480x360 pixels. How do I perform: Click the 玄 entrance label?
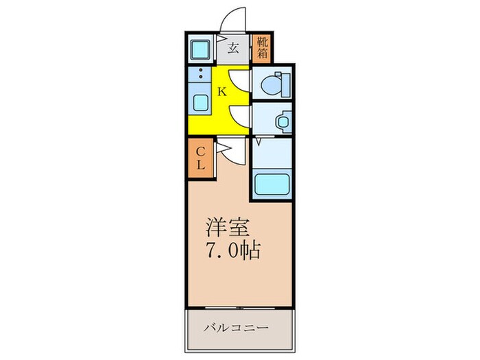click(x=233, y=48)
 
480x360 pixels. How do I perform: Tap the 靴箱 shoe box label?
click(x=262, y=48)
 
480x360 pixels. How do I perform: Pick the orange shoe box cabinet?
click(x=263, y=49)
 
